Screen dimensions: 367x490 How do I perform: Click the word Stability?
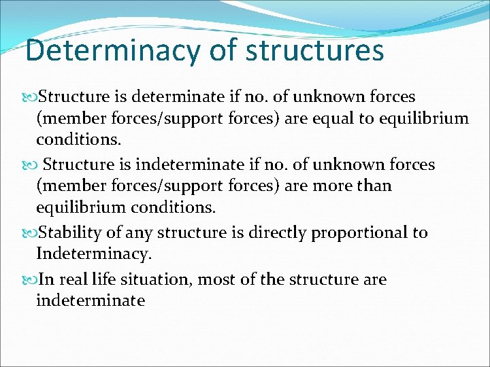71,232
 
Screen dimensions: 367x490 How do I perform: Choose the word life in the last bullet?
105,279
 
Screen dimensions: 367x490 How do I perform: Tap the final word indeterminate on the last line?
91,300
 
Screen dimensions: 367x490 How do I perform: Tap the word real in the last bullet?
71,279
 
